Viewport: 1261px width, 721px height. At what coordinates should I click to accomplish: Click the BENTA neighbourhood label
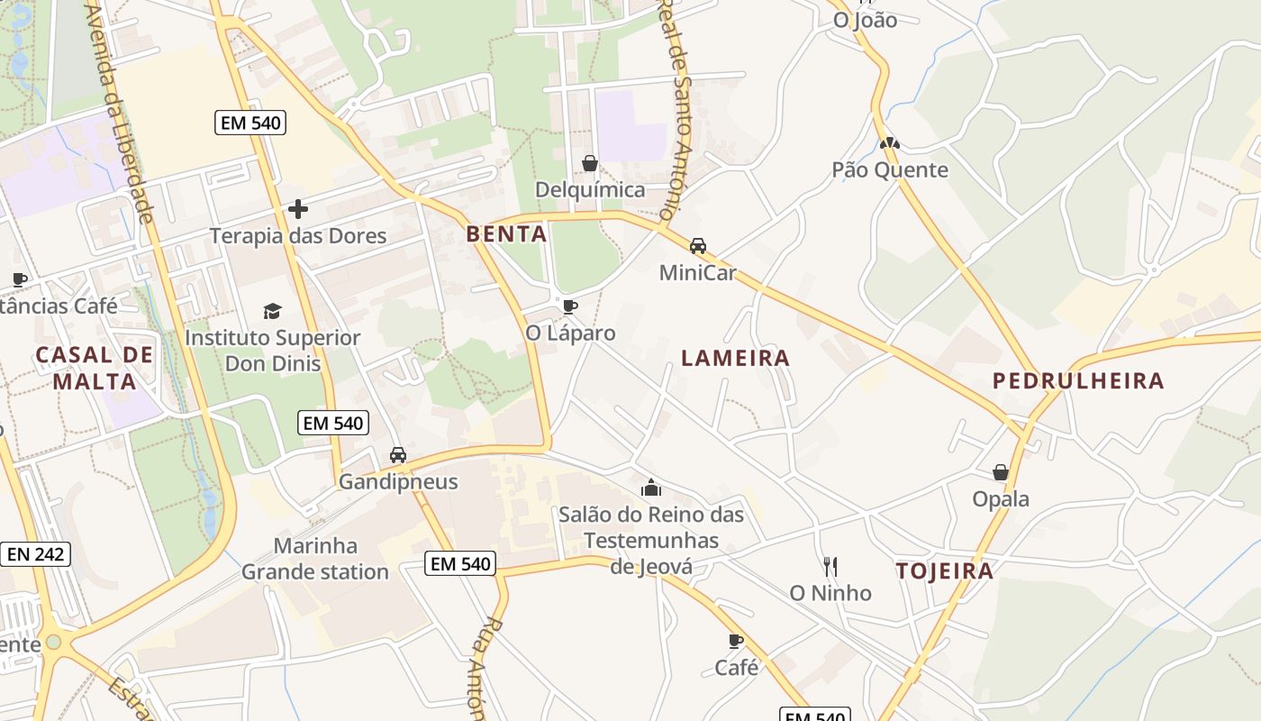[x=506, y=234]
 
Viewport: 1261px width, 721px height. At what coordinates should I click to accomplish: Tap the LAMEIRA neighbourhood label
[x=735, y=358]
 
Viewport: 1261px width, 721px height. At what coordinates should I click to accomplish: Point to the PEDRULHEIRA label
[x=1078, y=380]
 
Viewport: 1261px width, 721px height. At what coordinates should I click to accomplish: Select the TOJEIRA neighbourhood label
[x=945, y=570]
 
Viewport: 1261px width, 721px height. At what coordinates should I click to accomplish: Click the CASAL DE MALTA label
[x=95, y=368]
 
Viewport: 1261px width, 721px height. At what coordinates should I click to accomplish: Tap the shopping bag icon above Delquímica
[x=590, y=163]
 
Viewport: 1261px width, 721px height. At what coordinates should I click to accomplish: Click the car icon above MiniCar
[x=698, y=245]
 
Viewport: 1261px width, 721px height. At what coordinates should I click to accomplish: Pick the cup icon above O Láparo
[x=569, y=306]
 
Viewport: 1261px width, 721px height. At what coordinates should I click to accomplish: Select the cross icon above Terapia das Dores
[x=298, y=210]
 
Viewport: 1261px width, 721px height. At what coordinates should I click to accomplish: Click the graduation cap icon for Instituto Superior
[x=272, y=312]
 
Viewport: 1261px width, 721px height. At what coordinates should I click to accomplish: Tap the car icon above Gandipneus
[x=398, y=455]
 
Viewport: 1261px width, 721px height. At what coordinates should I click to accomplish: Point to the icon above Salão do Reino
[x=651, y=488]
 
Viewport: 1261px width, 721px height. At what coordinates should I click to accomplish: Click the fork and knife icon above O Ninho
[x=830, y=566]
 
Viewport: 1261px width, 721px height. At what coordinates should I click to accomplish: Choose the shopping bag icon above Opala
[x=1000, y=472]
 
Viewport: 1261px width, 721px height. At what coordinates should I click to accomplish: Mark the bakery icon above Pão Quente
[x=890, y=143]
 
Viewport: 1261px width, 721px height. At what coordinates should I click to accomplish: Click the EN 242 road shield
[x=36, y=553]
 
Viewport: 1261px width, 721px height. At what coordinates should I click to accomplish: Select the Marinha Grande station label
[x=315, y=559]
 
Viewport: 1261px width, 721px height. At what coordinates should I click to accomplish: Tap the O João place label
[x=865, y=20]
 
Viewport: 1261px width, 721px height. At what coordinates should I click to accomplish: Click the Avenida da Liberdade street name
[x=120, y=113]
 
